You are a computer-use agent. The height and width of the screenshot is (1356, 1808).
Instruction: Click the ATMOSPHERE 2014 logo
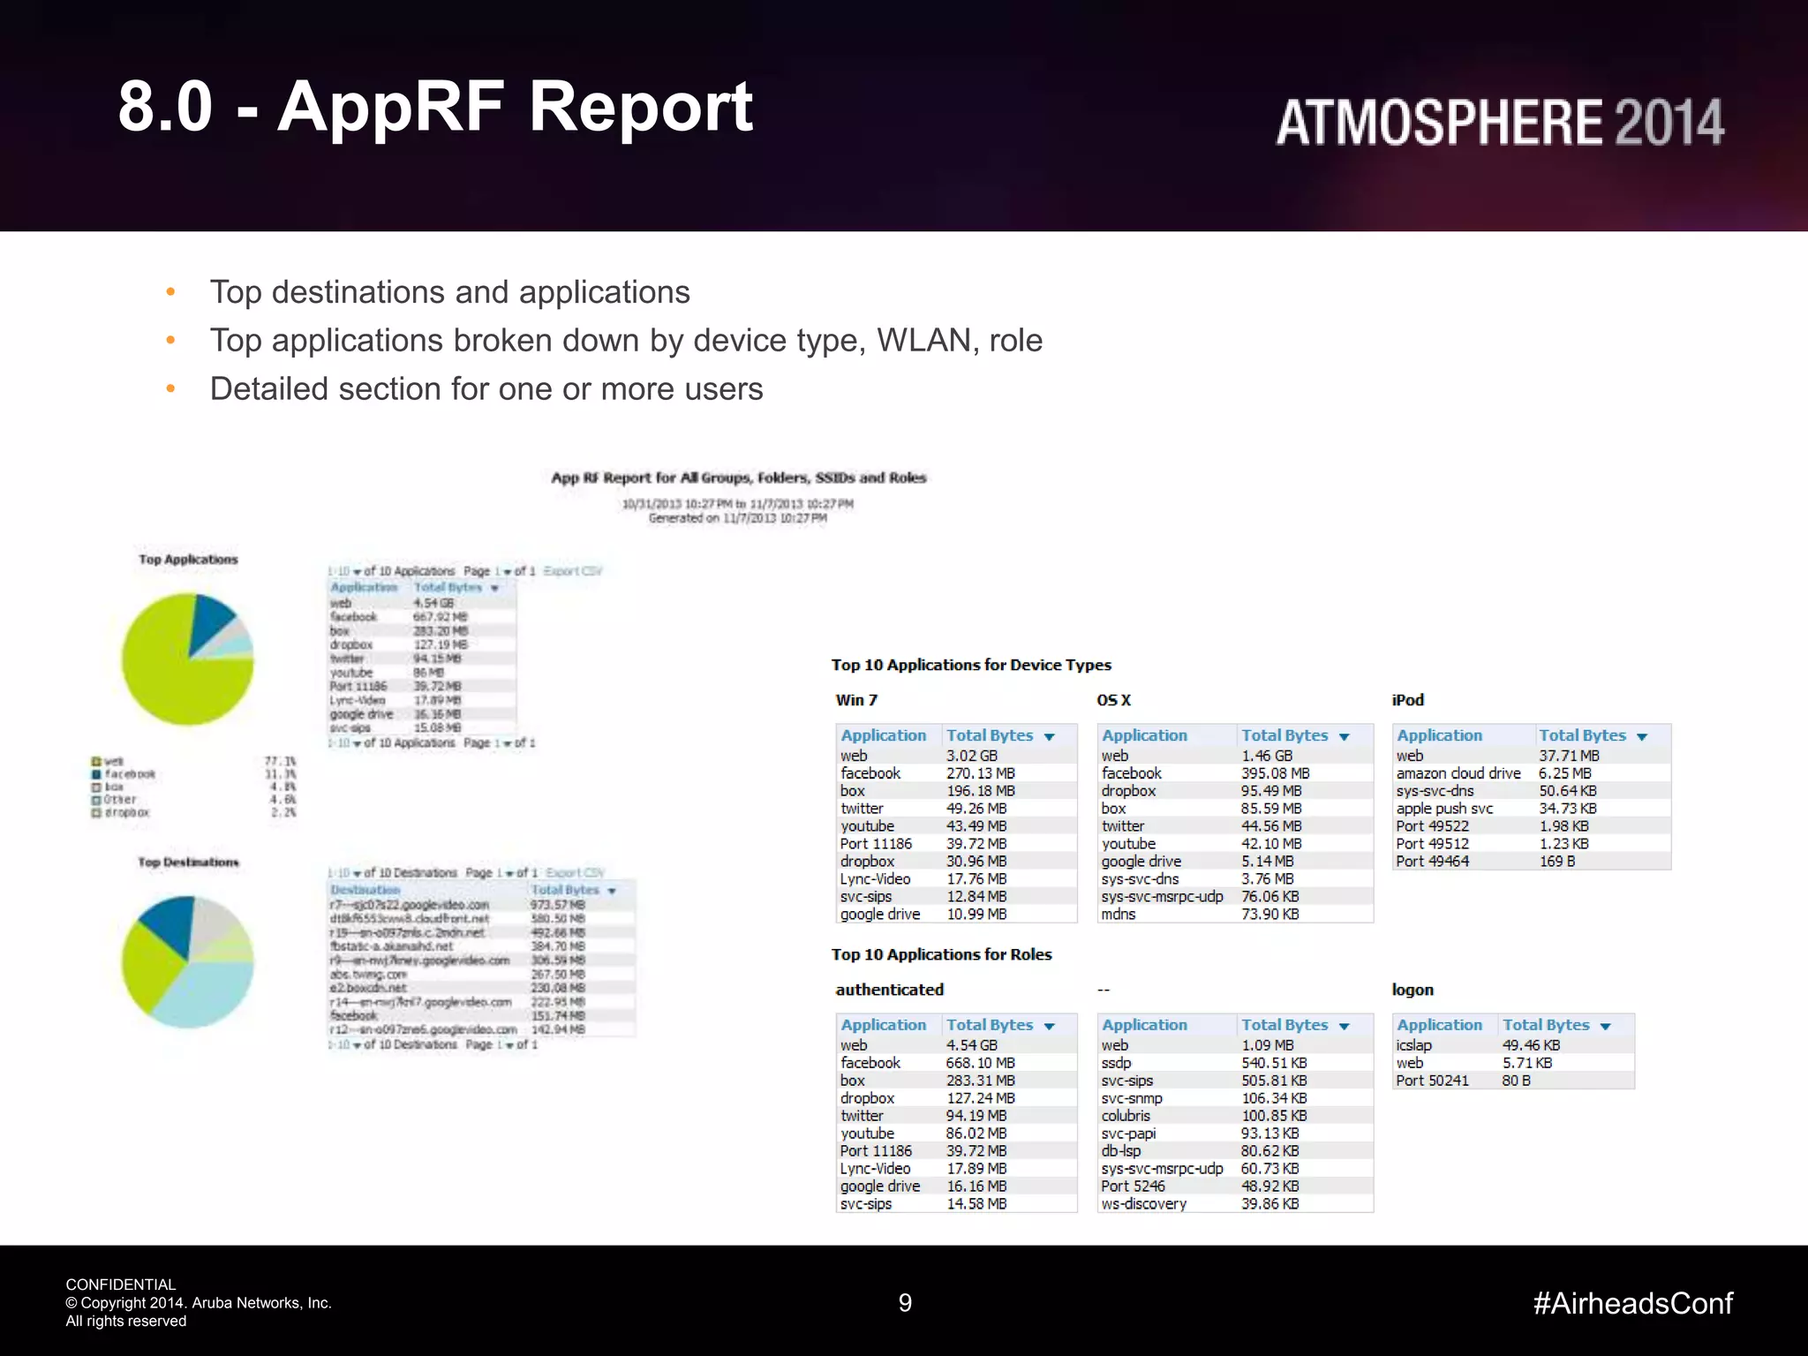tap(1499, 123)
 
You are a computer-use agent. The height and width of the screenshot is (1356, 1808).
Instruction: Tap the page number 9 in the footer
tap(905, 1303)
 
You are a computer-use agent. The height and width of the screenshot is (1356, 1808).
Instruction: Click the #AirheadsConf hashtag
tap(1632, 1303)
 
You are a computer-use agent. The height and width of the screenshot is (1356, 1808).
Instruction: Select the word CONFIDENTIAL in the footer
tap(121, 1284)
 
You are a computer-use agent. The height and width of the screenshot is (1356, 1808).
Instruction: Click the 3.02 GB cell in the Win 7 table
tap(971, 756)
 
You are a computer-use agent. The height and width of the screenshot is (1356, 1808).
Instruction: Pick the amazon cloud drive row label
tap(1458, 773)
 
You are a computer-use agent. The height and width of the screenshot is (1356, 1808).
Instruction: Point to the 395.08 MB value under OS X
tap(1275, 773)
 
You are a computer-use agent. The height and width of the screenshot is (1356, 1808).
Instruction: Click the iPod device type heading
tap(1407, 700)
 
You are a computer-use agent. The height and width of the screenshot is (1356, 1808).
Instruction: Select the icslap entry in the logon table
tap(1413, 1045)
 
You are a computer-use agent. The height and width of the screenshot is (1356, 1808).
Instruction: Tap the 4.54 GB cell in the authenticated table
tap(971, 1045)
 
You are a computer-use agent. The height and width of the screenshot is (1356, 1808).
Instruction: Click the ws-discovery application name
tap(1143, 1204)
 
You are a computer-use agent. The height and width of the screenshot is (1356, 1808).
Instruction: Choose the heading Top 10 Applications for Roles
tap(941, 954)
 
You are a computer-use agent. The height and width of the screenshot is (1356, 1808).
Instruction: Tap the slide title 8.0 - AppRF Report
tap(435, 107)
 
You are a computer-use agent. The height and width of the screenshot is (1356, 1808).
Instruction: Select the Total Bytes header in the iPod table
tap(1582, 735)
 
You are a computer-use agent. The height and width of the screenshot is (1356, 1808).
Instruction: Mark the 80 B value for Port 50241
tap(1516, 1081)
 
